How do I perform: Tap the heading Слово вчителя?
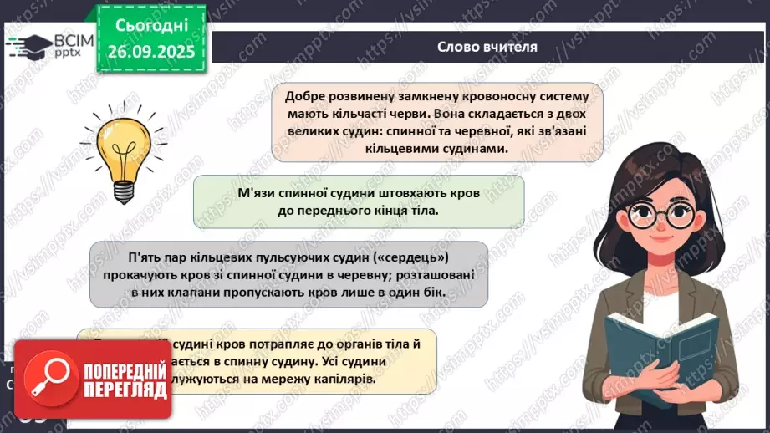point(487,47)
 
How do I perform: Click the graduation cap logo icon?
point(29,43)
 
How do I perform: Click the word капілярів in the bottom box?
point(342,379)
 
